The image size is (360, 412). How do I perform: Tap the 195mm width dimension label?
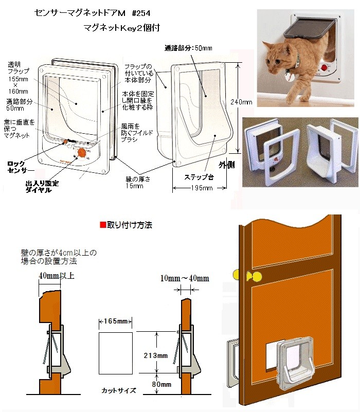click(x=192, y=188)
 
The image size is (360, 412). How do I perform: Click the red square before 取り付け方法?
click(x=102, y=225)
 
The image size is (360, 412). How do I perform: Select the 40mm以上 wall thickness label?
click(x=57, y=276)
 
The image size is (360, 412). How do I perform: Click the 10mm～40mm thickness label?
click(x=184, y=278)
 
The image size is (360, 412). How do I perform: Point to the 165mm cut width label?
click(x=116, y=321)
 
